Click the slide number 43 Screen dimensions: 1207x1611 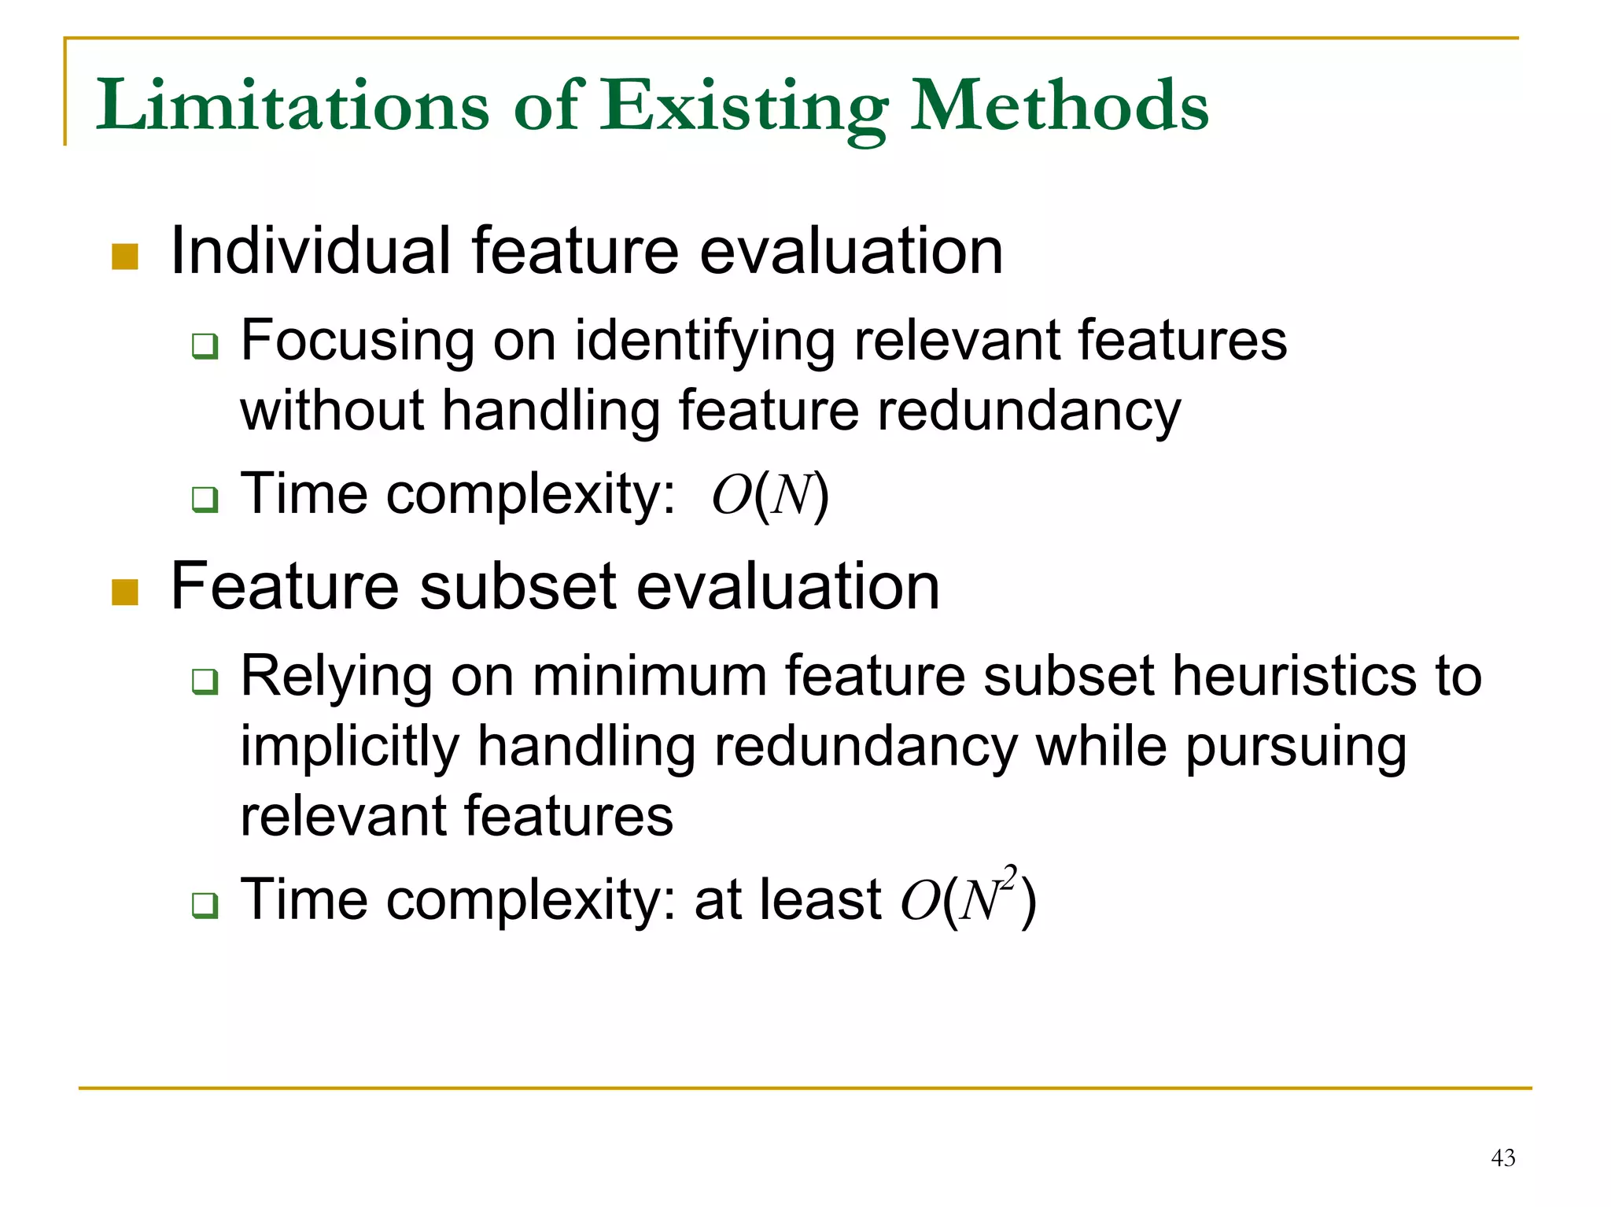(x=1502, y=1157)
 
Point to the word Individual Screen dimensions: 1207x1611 (x=310, y=251)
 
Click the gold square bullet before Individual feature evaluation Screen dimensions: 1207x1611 (x=125, y=257)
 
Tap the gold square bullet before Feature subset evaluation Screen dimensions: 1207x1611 (x=125, y=592)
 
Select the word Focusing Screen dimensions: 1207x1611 (x=357, y=341)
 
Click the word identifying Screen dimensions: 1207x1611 (x=704, y=341)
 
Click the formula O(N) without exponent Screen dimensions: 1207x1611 (x=769, y=496)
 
